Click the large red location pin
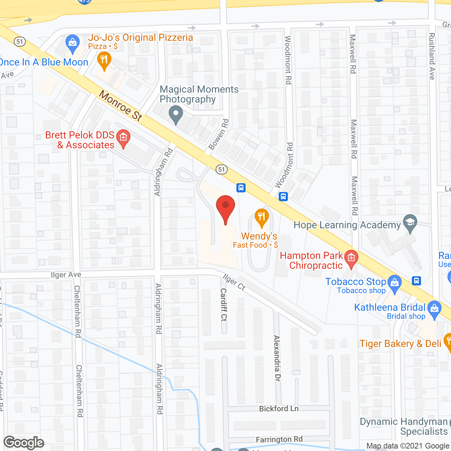click(x=225, y=208)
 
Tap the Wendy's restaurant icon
click(x=261, y=218)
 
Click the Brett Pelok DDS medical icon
click(x=123, y=138)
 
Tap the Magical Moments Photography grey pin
click(x=176, y=115)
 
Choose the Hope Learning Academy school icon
click(x=410, y=223)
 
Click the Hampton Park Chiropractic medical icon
click(x=351, y=258)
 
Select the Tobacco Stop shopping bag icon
click(x=395, y=283)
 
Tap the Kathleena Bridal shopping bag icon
click(x=434, y=309)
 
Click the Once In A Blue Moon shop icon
click(x=73, y=43)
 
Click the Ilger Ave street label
click(x=66, y=275)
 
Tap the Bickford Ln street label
click(x=279, y=409)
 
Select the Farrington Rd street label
click(x=279, y=439)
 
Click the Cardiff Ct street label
click(x=223, y=305)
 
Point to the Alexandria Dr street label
click(x=277, y=358)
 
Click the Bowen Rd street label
click(x=219, y=134)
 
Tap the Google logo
click(x=24, y=443)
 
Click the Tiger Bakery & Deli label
click(x=400, y=344)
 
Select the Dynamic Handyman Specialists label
click(x=404, y=426)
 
